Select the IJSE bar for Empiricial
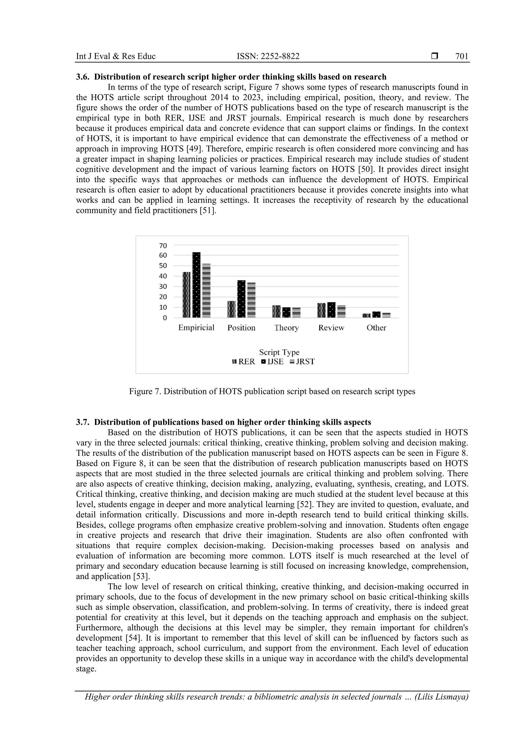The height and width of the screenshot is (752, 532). tap(196, 285)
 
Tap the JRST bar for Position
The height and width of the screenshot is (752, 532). tap(251, 300)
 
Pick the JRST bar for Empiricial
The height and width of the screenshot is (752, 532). tap(207, 290)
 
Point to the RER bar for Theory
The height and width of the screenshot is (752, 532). tap(276, 311)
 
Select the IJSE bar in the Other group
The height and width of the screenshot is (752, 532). tap(376, 314)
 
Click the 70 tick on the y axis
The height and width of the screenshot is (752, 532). tap(163, 246)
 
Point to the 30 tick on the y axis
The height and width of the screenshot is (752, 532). tap(163, 287)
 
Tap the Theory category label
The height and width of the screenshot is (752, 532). tap(287, 328)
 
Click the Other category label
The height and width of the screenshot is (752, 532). tap(376, 328)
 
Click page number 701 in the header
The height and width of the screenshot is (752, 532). tap(462, 56)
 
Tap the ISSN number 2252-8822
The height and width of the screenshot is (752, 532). tap(280, 56)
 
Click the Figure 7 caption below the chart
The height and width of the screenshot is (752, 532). tap(272, 391)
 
